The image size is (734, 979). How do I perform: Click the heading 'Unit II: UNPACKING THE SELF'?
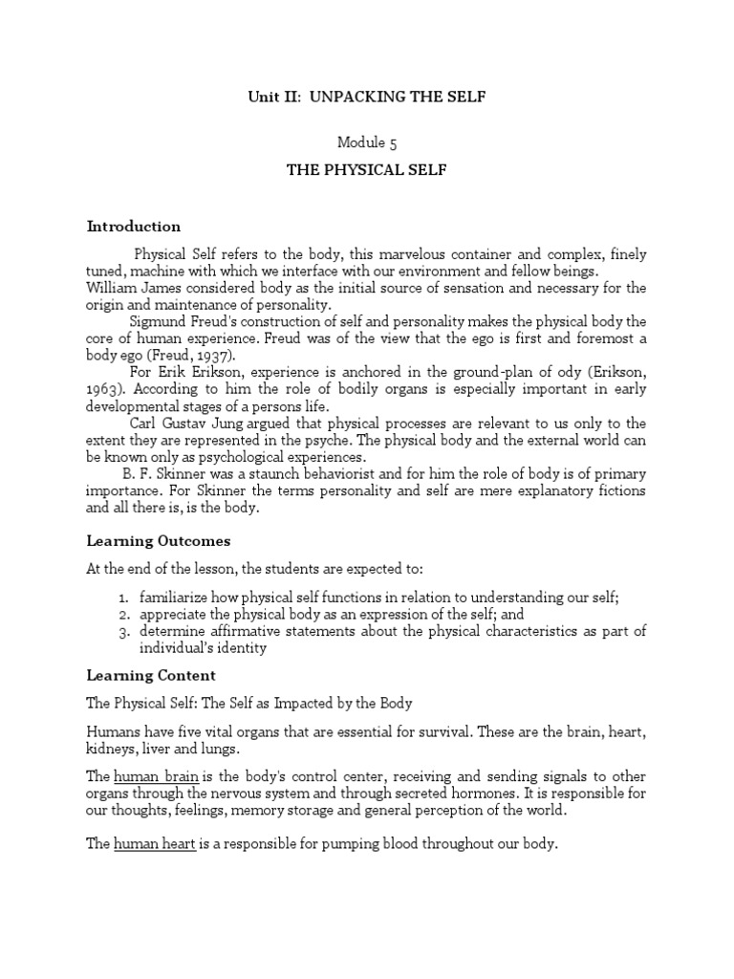pyautogui.click(x=367, y=97)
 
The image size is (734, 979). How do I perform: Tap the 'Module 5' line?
pyautogui.click(x=367, y=142)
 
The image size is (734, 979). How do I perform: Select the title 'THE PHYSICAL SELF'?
pyautogui.click(x=367, y=170)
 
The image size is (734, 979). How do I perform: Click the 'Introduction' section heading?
pyautogui.click(x=134, y=227)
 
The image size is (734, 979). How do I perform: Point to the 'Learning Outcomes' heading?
pyautogui.click(x=159, y=540)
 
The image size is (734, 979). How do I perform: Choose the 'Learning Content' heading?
pyautogui.click(x=151, y=675)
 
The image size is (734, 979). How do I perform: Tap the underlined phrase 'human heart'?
pyautogui.click(x=155, y=844)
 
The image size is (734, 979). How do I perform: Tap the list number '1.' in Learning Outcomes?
pyautogui.click(x=124, y=598)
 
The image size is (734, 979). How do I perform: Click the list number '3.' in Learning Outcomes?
pyautogui.click(x=124, y=632)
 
